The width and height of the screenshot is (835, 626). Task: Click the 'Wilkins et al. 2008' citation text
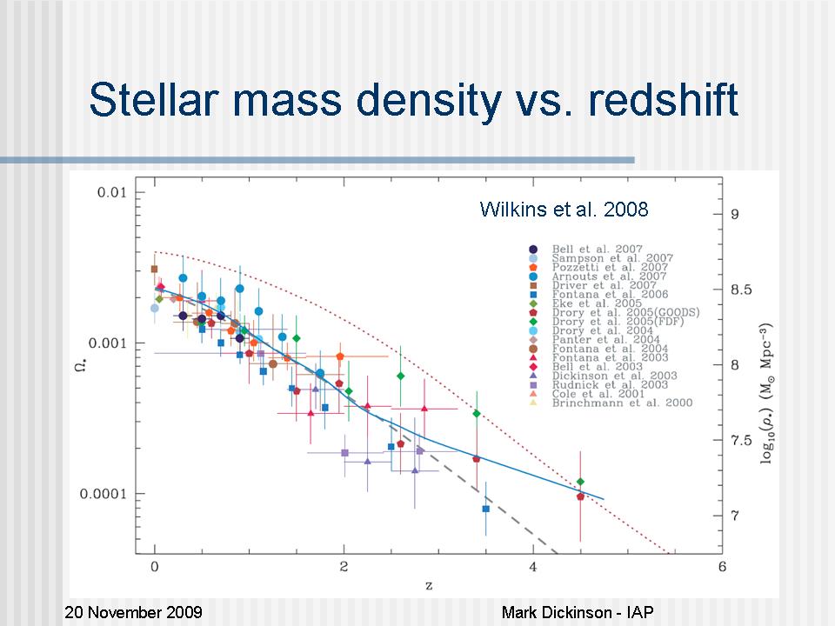(x=564, y=210)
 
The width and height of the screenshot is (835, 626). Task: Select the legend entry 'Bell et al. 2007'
(x=609, y=250)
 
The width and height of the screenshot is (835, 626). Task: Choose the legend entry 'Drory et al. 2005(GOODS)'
(x=625, y=312)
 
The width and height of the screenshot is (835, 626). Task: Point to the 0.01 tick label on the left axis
(x=110, y=192)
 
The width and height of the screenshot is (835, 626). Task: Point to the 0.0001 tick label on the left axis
(x=101, y=494)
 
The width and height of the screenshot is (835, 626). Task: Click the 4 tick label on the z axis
(x=532, y=568)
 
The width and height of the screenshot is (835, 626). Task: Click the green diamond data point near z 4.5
(x=580, y=482)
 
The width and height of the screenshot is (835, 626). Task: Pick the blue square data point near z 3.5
(x=485, y=509)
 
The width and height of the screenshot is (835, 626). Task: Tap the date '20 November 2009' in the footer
(x=133, y=613)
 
